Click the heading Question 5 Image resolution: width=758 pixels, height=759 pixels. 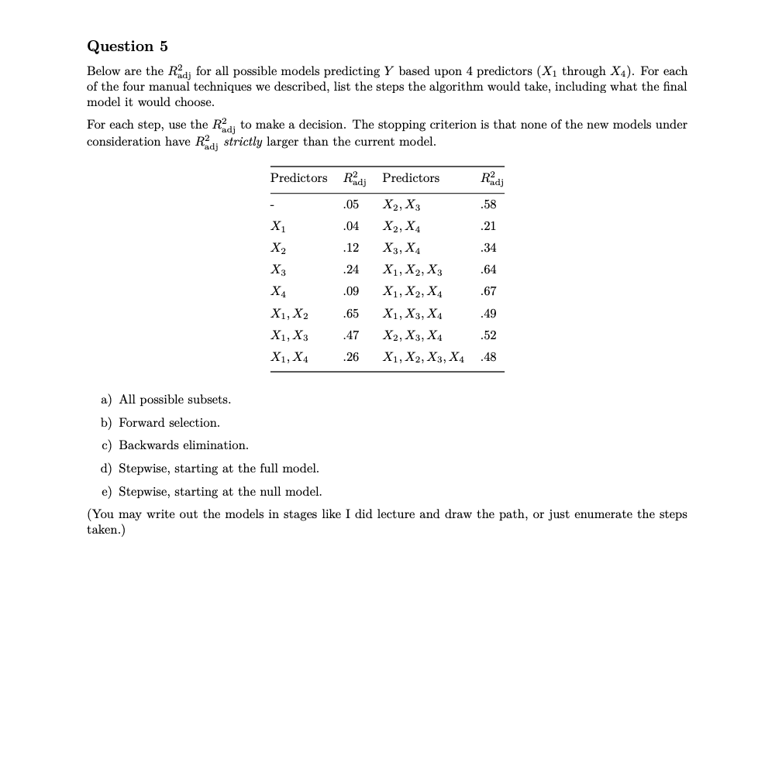coord(127,46)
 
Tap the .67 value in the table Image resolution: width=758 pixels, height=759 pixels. coord(488,292)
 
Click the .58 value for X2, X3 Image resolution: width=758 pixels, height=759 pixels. coord(488,205)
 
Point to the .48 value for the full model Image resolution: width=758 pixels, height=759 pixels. coord(488,357)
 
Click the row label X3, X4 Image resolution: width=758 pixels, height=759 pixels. coord(401,249)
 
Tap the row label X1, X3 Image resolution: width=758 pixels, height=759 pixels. coord(288,335)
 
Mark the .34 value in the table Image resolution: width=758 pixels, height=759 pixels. coord(488,249)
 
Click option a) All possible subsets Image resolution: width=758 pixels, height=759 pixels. coord(166,400)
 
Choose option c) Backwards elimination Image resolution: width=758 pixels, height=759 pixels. coord(174,445)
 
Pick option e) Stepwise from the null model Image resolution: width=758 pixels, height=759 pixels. coord(211,492)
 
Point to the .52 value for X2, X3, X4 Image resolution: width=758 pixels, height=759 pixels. coord(488,335)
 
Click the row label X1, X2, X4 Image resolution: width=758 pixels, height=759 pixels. coord(412,292)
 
